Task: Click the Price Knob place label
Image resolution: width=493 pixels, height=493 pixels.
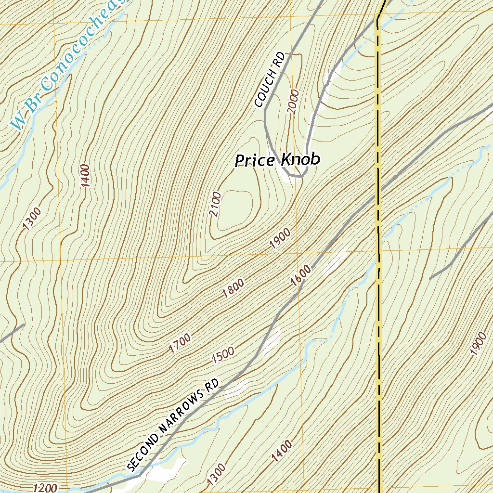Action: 277,160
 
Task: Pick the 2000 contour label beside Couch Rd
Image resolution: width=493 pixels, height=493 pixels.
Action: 293,101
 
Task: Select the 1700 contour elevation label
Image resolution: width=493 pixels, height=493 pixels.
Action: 180,344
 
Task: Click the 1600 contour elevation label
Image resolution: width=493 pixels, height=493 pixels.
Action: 301,275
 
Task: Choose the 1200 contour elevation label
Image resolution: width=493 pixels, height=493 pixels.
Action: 45,488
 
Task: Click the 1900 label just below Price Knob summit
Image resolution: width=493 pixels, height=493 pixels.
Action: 280,238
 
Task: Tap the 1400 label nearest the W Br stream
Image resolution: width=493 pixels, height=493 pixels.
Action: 85,176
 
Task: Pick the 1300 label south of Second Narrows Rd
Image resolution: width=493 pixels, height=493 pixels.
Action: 216,474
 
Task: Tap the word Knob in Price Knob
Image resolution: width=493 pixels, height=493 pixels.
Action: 300,160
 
